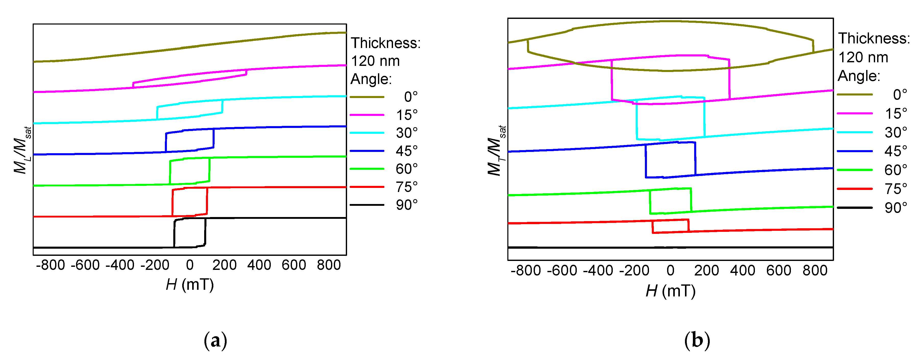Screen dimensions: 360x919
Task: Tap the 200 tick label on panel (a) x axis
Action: (224, 265)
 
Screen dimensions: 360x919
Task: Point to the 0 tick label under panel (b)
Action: (670, 270)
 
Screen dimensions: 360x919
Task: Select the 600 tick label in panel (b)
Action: (779, 270)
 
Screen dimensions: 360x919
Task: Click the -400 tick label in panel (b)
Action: (598, 270)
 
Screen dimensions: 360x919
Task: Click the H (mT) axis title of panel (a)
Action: (190, 285)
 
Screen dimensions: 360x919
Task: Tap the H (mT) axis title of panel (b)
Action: (670, 291)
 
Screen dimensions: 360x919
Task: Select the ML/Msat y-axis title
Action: (22, 150)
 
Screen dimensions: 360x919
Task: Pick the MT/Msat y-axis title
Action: (496, 150)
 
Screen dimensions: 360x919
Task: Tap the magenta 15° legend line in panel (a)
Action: (367, 115)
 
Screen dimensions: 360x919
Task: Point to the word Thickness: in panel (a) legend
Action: (386, 43)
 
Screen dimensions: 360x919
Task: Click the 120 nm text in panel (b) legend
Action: (863, 57)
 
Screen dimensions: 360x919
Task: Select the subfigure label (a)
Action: (215, 340)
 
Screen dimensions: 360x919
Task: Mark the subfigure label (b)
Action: (697, 340)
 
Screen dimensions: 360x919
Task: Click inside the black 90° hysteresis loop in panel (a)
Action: (190, 233)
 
